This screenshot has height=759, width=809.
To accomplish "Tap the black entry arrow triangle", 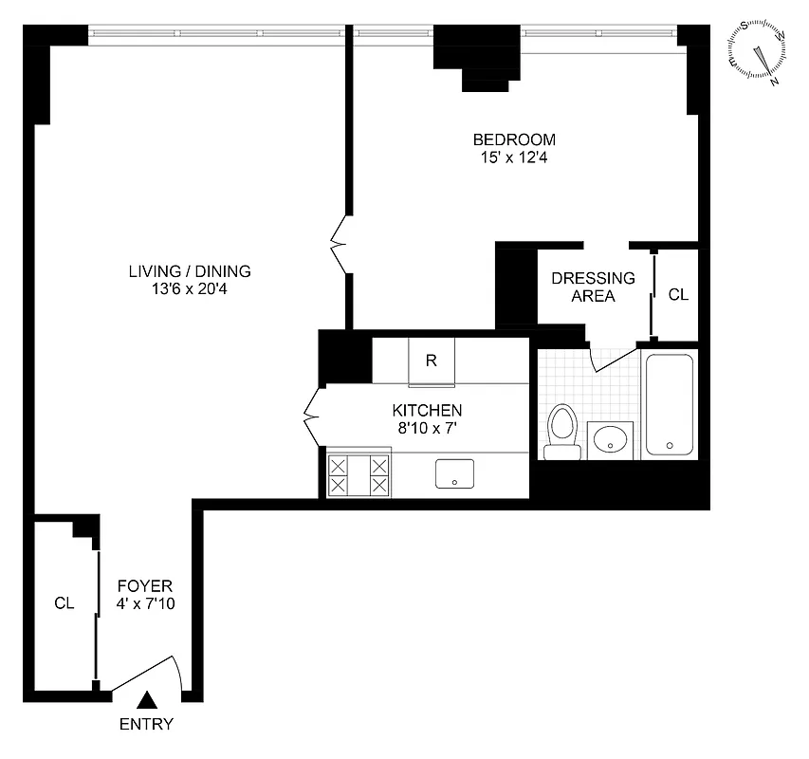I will tap(146, 701).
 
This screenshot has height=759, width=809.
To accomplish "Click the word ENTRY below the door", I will tap(146, 725).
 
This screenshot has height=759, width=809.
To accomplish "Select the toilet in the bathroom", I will tap(562, 431).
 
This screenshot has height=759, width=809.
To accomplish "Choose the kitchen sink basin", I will tap(455, 473).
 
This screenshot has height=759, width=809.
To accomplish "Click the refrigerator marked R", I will tap(431, 361).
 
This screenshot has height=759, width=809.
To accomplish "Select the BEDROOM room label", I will tap(514, 139).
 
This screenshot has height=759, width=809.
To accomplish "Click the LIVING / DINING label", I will tap(190, 270).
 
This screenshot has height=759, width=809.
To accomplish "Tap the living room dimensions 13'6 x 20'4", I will tap(190, 288).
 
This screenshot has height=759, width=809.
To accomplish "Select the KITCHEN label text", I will tap(427, 410).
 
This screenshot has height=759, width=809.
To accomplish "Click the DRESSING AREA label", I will tap(593, 287).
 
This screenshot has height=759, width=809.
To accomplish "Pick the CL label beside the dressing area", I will tap(678, 294).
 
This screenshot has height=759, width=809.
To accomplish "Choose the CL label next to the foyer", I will tap(64, 602).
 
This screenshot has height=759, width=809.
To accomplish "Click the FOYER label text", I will tap(144, 585).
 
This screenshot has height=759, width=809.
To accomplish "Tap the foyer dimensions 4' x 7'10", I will tap(144, 603).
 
